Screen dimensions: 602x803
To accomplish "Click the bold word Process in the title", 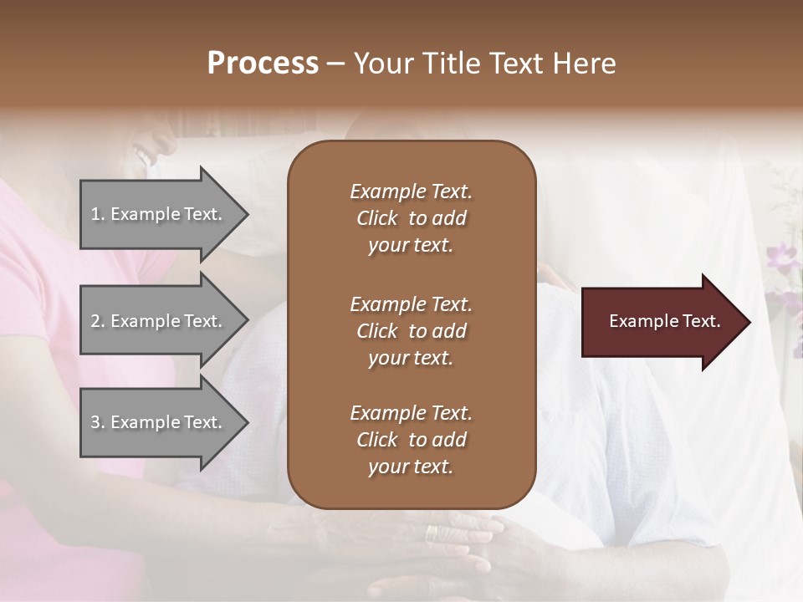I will pyautogui.click(x=263, y=64).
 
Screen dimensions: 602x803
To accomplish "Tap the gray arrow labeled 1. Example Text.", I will pyautogui.click(x=159, y=214).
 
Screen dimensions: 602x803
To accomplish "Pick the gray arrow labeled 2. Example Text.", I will pyautogui.click(x=159, y=321).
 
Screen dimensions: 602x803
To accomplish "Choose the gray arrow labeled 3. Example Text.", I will pyautogui.click(x=159, y=423).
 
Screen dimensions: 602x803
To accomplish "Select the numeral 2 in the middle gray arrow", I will pyautogui.click(x=95, y=321).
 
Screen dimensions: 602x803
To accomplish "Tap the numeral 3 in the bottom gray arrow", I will pyautogui.click(x=95, y=423).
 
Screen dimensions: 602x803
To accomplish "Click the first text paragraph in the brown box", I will pyautogui.click(x=411, y=218).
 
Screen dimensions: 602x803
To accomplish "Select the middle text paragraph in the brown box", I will pyautogui.click(x=411, y=331).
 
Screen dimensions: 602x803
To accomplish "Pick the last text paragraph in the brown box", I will pyautogui.click(x=411, y=440).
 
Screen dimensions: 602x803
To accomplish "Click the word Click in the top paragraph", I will pyautogui.click(x=377, y=219).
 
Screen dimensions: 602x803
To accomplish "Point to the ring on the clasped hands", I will pyautogui.click(x=431, y=532).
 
